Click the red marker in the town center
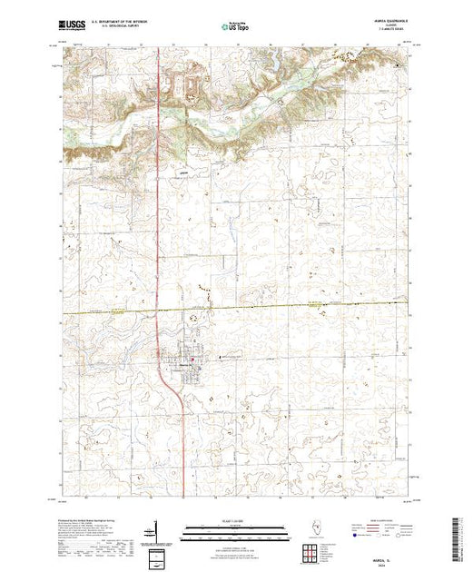click(x=192, y=363)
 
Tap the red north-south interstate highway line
click(x=160, y=227)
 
